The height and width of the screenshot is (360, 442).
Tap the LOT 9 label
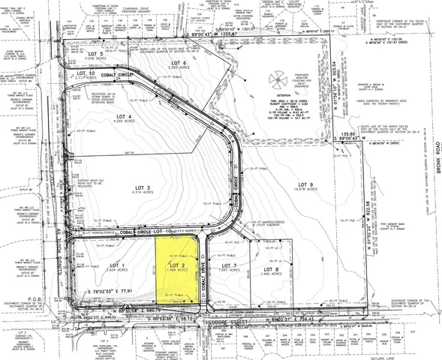point(305,184)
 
